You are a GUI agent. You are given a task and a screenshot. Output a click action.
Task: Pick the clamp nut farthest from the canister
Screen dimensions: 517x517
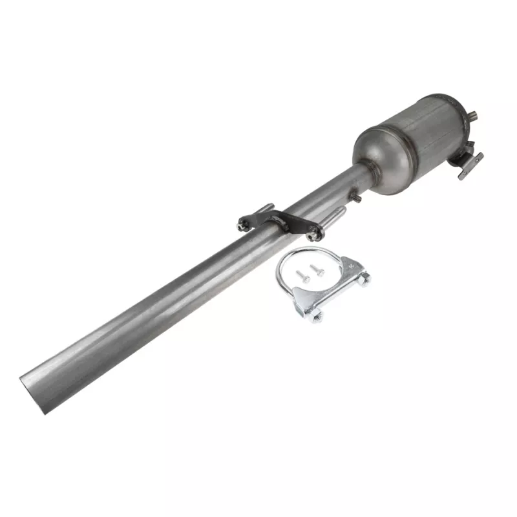pyautogui.click(x=317, y=315)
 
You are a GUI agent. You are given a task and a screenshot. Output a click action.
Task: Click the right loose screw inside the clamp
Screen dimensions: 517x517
pyautogui.click(x=316, y=268)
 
